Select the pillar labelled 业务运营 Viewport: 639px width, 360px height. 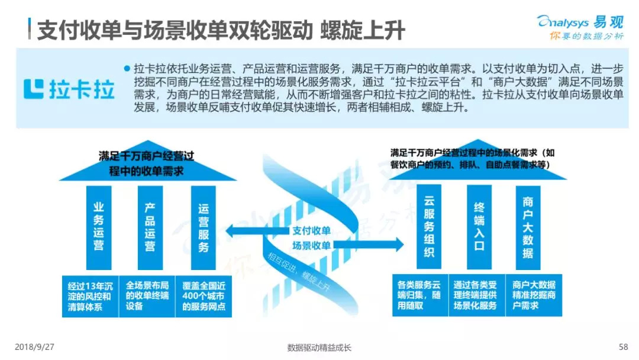coord(99,227)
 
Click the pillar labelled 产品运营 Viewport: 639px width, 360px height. coord(150,227)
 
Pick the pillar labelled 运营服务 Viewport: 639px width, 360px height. coord(204,227)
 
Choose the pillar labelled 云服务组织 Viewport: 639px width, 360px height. coord(429,227)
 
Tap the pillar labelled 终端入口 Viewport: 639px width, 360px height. coord(479,227)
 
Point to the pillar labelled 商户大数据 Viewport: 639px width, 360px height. coord(528,227)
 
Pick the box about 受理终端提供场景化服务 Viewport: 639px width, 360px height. coord(475,295)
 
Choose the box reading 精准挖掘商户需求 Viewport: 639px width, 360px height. coord(534,295)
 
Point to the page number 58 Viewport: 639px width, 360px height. coord(622,347)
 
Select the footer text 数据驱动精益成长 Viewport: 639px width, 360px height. coord(319,348)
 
